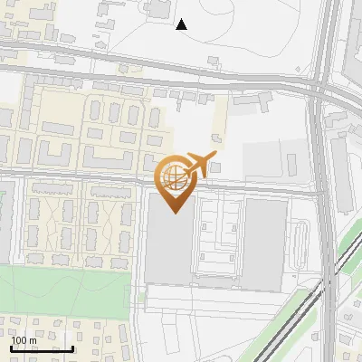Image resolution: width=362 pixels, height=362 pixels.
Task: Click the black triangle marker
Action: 182,24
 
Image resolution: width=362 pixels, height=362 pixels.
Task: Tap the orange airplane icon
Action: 199,164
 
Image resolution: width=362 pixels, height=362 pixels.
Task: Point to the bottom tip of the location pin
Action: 174,212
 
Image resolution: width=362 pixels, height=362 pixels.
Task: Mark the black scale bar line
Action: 42,348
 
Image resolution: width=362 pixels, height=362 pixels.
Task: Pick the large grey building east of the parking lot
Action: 265,244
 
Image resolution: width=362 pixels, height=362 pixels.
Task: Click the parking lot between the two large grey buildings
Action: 218,240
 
